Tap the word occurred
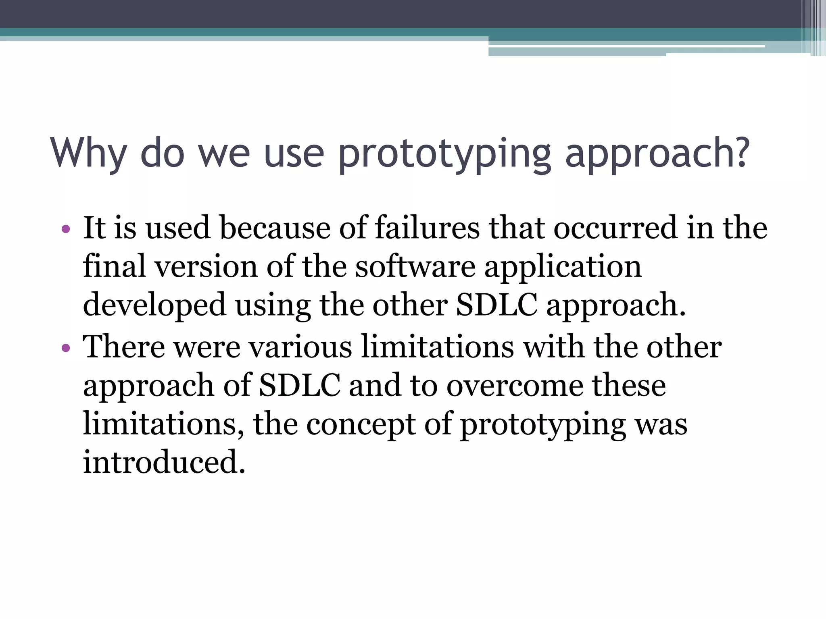click(615, 228)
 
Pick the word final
click(114, 266)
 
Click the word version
click(206, 266)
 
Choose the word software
click(415, 266)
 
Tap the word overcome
click(514, 386)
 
